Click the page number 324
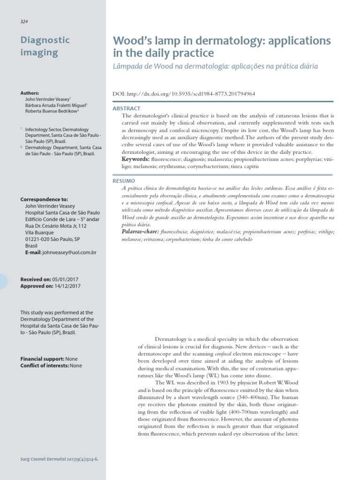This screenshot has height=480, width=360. click(x=24, y=22)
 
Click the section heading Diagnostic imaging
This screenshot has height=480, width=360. click(x=45, y=46)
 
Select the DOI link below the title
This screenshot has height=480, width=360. click(x=184, y=94)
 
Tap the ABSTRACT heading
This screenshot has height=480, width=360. click(x=127, y=108)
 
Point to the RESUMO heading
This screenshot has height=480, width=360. click(x=124, y=180)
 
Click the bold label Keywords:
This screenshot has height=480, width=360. click(x=135, y=159)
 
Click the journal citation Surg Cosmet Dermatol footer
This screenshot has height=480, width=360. click(x=59, y=459)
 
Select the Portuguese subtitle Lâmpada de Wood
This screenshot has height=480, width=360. click(x=215, y=66)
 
